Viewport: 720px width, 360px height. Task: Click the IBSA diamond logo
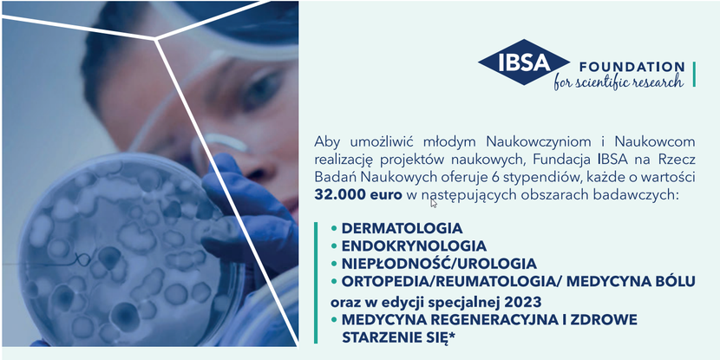tap(524, 62)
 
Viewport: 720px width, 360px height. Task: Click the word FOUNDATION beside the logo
tap(632, 68)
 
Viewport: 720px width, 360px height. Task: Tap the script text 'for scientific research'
tap(619, 82)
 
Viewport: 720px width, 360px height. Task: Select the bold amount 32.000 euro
tap(358, 194)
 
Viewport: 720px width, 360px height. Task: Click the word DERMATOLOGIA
tap(402, 228)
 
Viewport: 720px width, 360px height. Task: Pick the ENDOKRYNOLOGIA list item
tap(414, 246)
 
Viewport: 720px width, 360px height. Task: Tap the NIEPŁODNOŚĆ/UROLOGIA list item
tap(439, 264)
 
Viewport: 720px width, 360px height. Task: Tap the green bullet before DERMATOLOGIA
tap(334, 228)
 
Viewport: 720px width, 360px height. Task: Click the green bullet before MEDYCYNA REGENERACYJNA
tap(334, 320)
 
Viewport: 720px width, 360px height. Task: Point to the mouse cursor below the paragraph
tap(433, 203)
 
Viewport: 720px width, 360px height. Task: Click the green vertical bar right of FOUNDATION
tap(694, 74)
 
